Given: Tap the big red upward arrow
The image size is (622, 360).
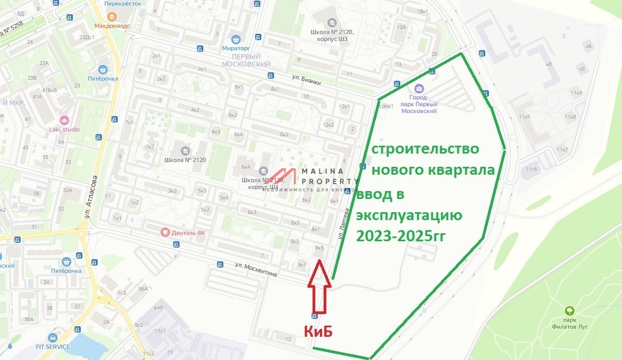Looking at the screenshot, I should tap(319, 288).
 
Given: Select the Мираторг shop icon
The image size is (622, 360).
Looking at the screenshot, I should tap(237, 39).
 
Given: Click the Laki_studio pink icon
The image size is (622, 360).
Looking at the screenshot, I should tap(65, 120).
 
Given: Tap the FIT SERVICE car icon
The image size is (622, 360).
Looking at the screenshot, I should tap(52, 337).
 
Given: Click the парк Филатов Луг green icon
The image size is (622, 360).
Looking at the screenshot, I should tap(569, 311).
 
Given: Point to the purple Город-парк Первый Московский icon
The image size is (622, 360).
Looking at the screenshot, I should tap(419, 88).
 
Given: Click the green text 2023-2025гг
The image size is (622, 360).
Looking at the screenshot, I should tap(402, 235).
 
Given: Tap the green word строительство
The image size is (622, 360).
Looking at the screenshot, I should tap(425, 149).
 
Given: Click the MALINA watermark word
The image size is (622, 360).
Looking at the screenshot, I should tap(323, 171).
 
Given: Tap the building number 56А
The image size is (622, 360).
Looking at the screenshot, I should tap(143, 289).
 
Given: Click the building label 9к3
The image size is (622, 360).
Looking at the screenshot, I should tap(318, 247).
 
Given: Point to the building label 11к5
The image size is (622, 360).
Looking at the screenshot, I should tap(524, 116).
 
